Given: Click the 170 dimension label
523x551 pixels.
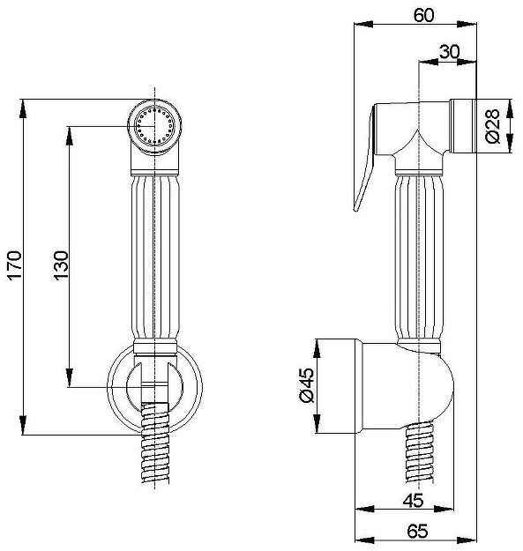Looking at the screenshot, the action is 15,265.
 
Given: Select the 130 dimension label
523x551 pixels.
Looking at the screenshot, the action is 61,265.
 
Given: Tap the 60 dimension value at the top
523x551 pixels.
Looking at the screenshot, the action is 423,15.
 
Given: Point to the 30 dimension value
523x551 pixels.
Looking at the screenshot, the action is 449,52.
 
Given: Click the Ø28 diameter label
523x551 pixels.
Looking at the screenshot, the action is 492,126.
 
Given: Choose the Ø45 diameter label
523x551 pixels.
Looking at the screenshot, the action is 306,385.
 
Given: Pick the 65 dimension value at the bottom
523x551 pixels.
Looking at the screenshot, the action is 417,531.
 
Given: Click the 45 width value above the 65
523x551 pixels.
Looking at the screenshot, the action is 414,500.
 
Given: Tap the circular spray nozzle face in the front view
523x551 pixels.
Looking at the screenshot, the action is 154,126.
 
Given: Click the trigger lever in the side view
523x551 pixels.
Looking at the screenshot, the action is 365,158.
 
